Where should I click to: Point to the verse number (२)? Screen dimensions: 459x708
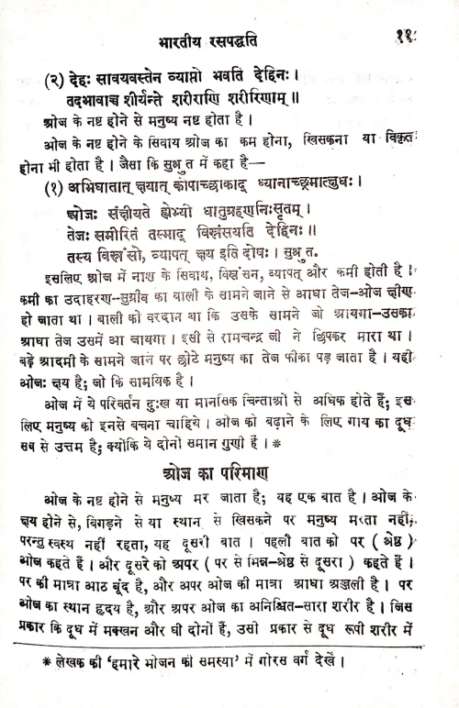point(60,76)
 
